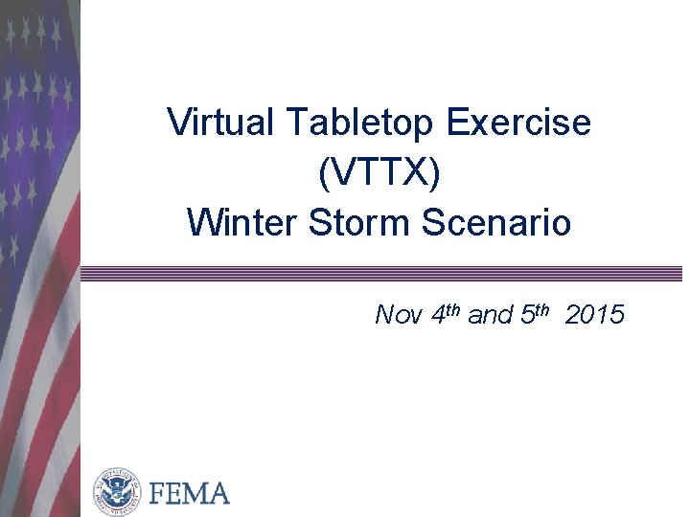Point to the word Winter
(242, 223)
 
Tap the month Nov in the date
(398, 315)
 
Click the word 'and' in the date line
(491, 315)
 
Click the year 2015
(595, 315)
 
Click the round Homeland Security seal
(117, 492)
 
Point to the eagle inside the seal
(117, 492)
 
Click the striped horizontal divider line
(383, 274)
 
